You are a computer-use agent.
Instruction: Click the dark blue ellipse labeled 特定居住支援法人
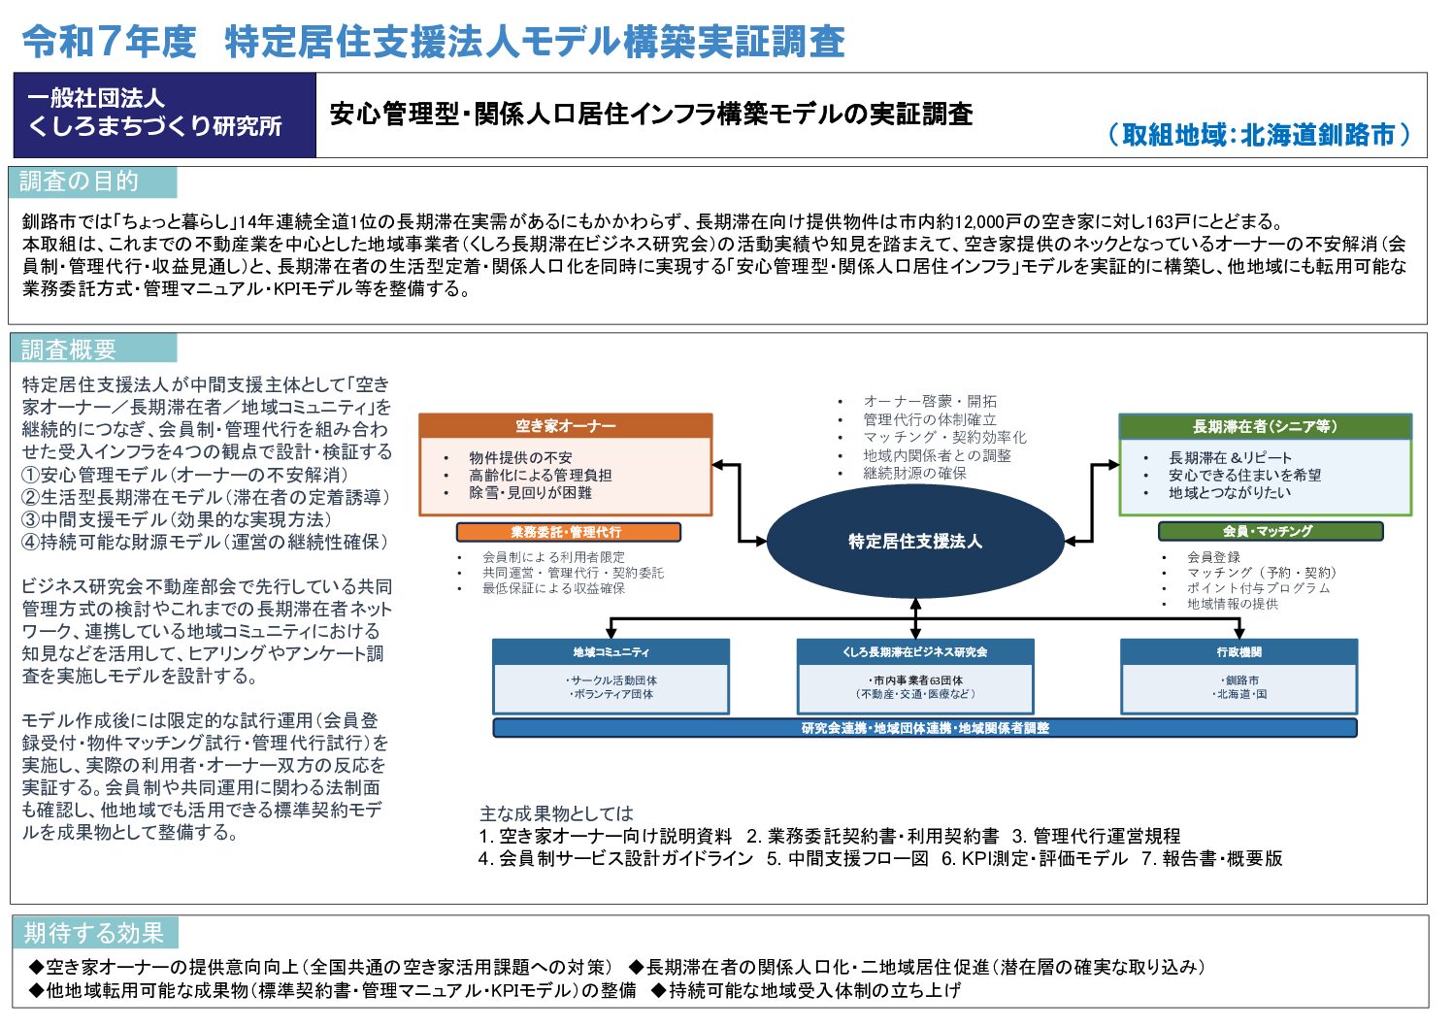pos(915,541)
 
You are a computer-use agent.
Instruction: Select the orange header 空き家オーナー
pos(566,425)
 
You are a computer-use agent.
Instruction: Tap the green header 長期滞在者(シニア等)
pos(1265,426)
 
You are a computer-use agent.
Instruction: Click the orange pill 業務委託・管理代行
pos(568,532)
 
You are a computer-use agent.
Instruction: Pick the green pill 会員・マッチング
pos(1271,531)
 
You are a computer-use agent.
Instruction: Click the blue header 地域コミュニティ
pos(611,652)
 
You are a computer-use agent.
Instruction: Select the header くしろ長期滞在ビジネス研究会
pos(914,652)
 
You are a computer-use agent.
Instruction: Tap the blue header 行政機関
pos(1238,652)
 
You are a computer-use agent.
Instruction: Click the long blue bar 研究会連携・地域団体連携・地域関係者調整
pos(925,728)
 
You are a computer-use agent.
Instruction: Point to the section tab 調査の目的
pos(93,182)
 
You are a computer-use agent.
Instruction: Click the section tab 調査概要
pos(93,349)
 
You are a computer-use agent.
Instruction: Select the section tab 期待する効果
pos(95,932)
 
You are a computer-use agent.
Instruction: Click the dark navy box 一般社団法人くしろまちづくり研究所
pos(165,115)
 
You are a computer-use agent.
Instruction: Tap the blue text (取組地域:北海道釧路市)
pos(1259,134)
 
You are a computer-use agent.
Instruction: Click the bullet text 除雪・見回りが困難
pos(530,492)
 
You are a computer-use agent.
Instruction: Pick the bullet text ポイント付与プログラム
pos(1259,588)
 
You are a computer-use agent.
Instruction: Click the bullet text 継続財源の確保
pos(914,473)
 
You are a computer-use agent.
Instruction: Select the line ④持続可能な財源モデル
pos(205,542)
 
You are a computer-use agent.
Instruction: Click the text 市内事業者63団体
pos(915,679)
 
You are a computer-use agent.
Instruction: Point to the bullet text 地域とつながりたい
pos(1229,492)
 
